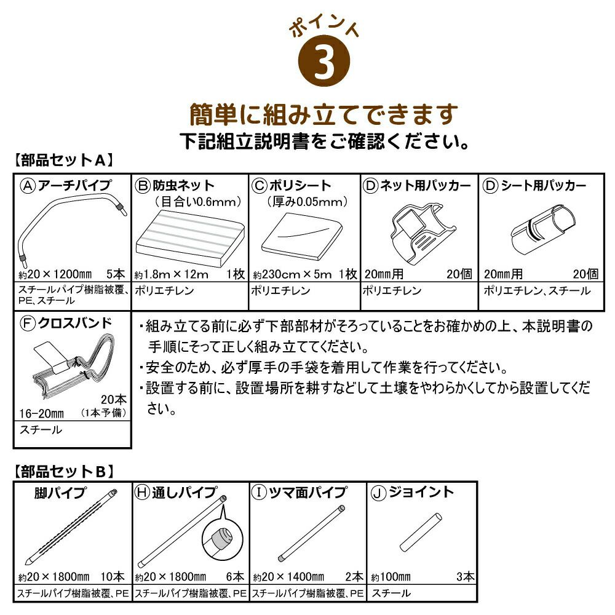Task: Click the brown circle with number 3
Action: [x=324, y=61]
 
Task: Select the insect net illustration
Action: [x=191, y=237]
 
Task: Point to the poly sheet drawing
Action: [x=301, y=236]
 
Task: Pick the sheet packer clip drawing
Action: [x=544, y=230]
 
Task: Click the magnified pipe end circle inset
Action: [x=223, y=539]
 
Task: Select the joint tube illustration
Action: [x=421, y=533]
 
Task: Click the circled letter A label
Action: [x=28, y=186]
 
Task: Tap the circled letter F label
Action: [x=28, y=323]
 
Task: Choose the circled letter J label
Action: [x=378, y=493]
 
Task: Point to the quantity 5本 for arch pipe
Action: [x=116, y=274]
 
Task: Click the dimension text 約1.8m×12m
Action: [x=172, y=274]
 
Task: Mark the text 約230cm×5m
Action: [x=292, y=274]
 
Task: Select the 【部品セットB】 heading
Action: [x=64, y=472]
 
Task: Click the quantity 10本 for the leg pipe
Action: [x=113, y=577]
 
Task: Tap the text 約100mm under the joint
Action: [x=391, y=577]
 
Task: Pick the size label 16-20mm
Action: [x=42, y=413]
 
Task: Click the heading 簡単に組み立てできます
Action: [x=324, y=115]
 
